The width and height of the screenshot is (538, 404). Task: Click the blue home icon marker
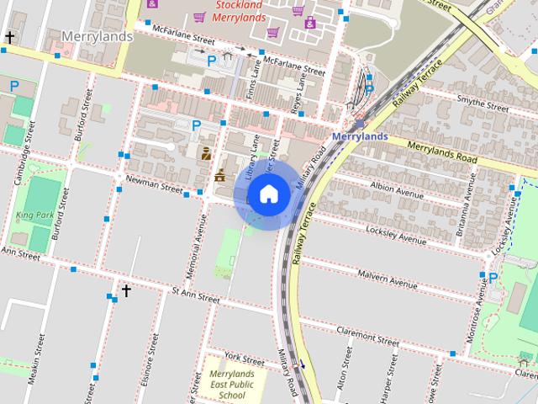pyautogui.click(x=268, y=194)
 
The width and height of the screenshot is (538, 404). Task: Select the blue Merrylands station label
pyautogui.click(x=359, y=136)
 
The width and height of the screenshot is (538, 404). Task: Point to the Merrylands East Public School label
pyautogui.click(x=232, y=384)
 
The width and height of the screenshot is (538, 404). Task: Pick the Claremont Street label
pyautogui.click(x=366, y=337)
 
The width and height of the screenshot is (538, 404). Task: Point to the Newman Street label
pyautogui.click(x=154, y=184)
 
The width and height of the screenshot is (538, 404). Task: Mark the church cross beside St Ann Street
pyautogui.click(x=126, y=291)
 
